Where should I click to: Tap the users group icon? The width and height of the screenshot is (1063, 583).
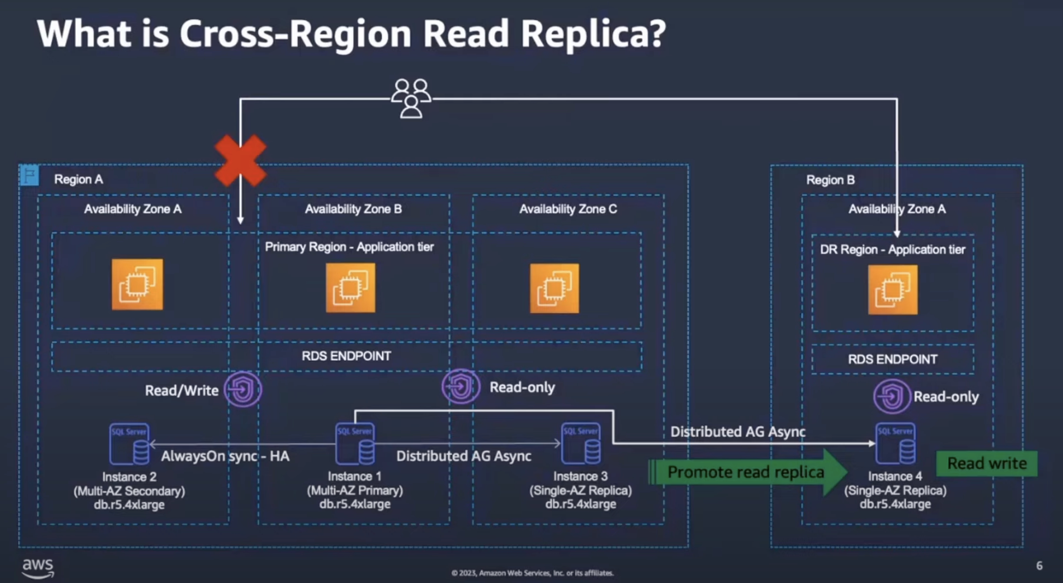(x=411, y=98)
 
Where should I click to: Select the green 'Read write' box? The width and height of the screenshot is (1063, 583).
(x=986, y=463)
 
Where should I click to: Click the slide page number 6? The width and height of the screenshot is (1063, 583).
(x=1039, y=565)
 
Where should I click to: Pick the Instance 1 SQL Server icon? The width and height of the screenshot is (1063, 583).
(x=355, y=443)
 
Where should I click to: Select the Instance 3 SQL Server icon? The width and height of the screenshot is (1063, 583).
(x=581, y=443)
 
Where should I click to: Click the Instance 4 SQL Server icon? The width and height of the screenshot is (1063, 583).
(x=895, y=443)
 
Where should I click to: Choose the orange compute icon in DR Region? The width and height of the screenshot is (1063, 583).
(x=893, y=290)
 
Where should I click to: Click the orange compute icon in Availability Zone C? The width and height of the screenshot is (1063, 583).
(x=554, y=288)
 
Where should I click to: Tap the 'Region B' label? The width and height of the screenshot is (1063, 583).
(x=830, y=180)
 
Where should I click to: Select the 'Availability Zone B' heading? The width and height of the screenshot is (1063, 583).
(x=353, y=209)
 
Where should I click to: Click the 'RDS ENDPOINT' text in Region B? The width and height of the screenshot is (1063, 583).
(x=893, y=359)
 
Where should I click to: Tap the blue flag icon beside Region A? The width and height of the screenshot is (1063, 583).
(x=29, y=175)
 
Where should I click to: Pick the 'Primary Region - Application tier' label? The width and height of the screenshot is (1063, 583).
(x=349, y=247)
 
